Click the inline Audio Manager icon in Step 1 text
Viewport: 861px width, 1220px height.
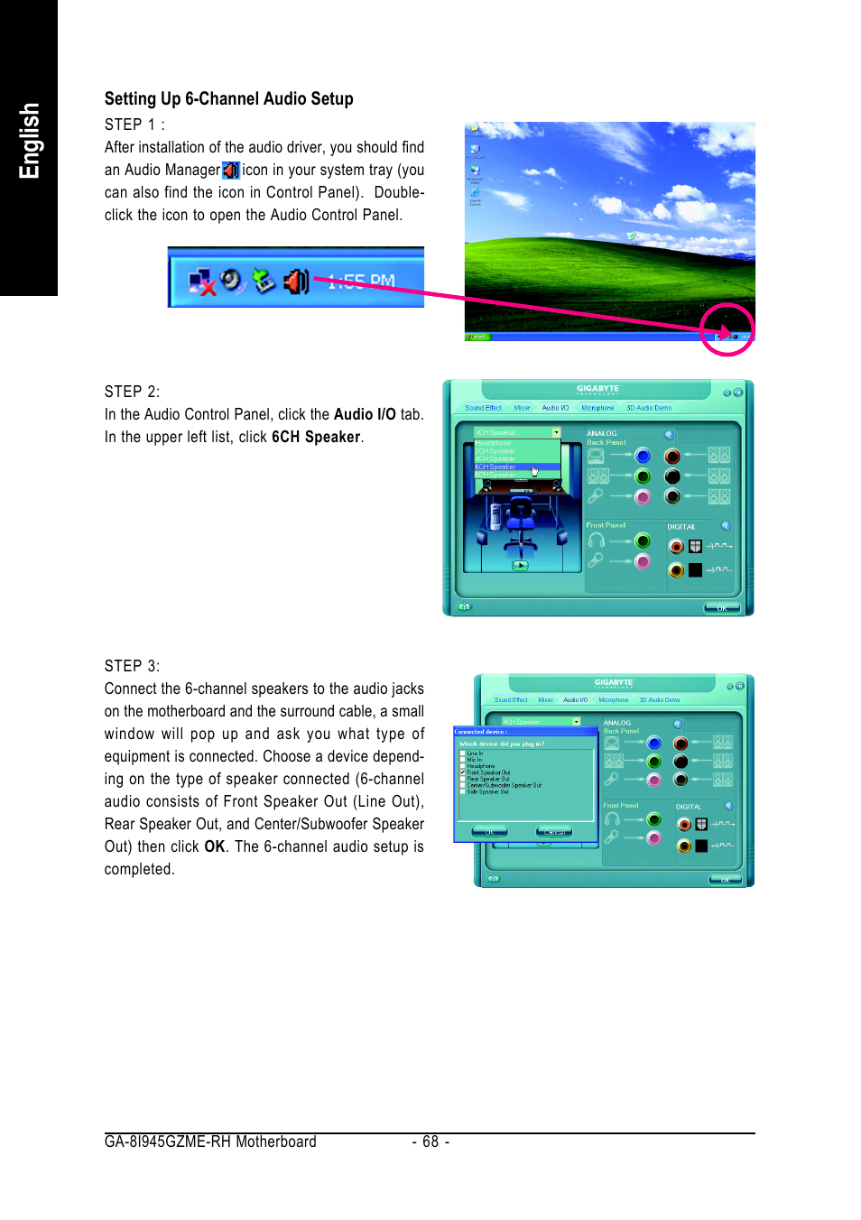point(231,171)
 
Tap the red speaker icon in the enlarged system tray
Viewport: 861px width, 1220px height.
point(296,282)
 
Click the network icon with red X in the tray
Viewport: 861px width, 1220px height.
point(201,282)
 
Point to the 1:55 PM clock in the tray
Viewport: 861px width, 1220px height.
point(361,282)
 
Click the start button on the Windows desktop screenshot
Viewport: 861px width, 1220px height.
point(477,337)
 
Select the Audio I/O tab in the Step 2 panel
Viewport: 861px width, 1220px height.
point(555,408)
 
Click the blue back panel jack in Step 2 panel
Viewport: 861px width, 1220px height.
point(643,456)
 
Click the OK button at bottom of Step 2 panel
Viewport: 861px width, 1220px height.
point(721,608)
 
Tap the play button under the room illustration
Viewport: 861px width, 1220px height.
point(520,566)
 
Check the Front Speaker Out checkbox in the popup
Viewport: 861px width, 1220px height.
point(463,772)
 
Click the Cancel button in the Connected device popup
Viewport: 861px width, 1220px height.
point(554,832)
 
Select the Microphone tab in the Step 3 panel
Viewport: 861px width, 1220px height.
point(613,700)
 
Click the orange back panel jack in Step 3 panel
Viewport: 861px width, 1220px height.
point(680,744)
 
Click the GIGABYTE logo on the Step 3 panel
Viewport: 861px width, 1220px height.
point(614,683)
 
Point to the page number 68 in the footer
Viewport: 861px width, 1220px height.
point(430,1142)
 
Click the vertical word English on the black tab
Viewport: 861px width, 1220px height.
point(29,141)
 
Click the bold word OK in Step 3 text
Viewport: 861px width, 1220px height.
point(214,847)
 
